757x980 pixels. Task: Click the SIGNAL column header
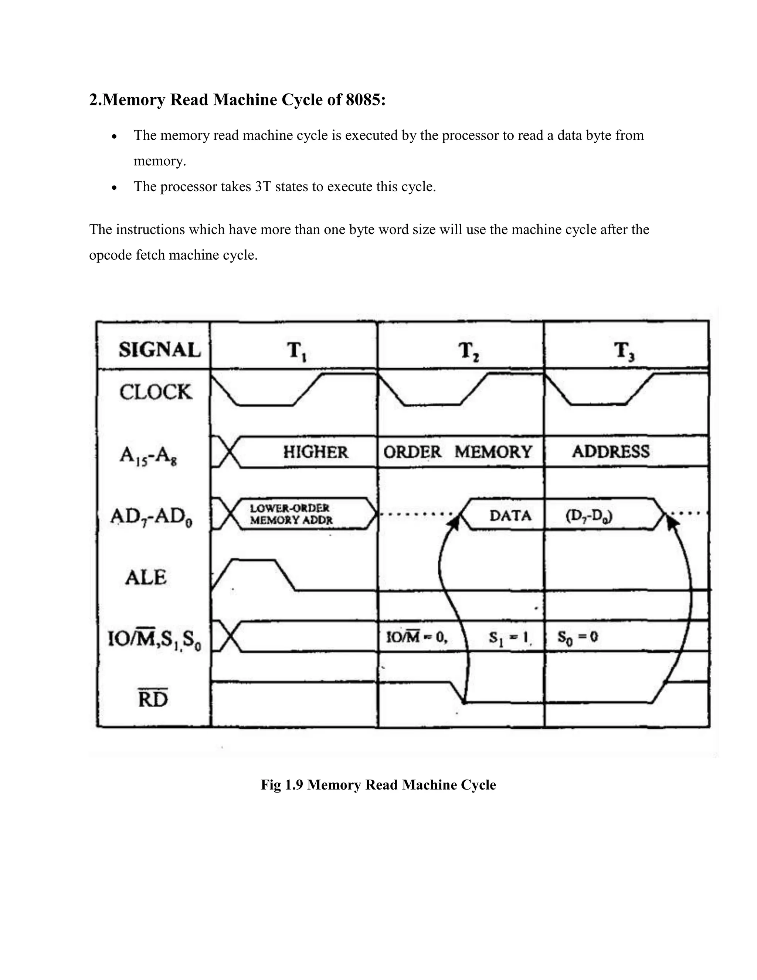click(159, 349)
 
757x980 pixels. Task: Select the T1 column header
click(296, 351)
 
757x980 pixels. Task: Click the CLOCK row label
click(155, 392)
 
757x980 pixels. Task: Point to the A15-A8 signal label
click(148, 456)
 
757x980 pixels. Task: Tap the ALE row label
click(146, 577)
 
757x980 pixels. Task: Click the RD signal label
click(153, 699)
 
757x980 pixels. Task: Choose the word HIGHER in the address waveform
click(315, 452)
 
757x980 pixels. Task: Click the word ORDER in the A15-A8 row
click(412, 452)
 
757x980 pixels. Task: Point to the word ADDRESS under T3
click(610, 452)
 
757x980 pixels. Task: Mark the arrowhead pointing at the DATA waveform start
click(454, 523)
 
